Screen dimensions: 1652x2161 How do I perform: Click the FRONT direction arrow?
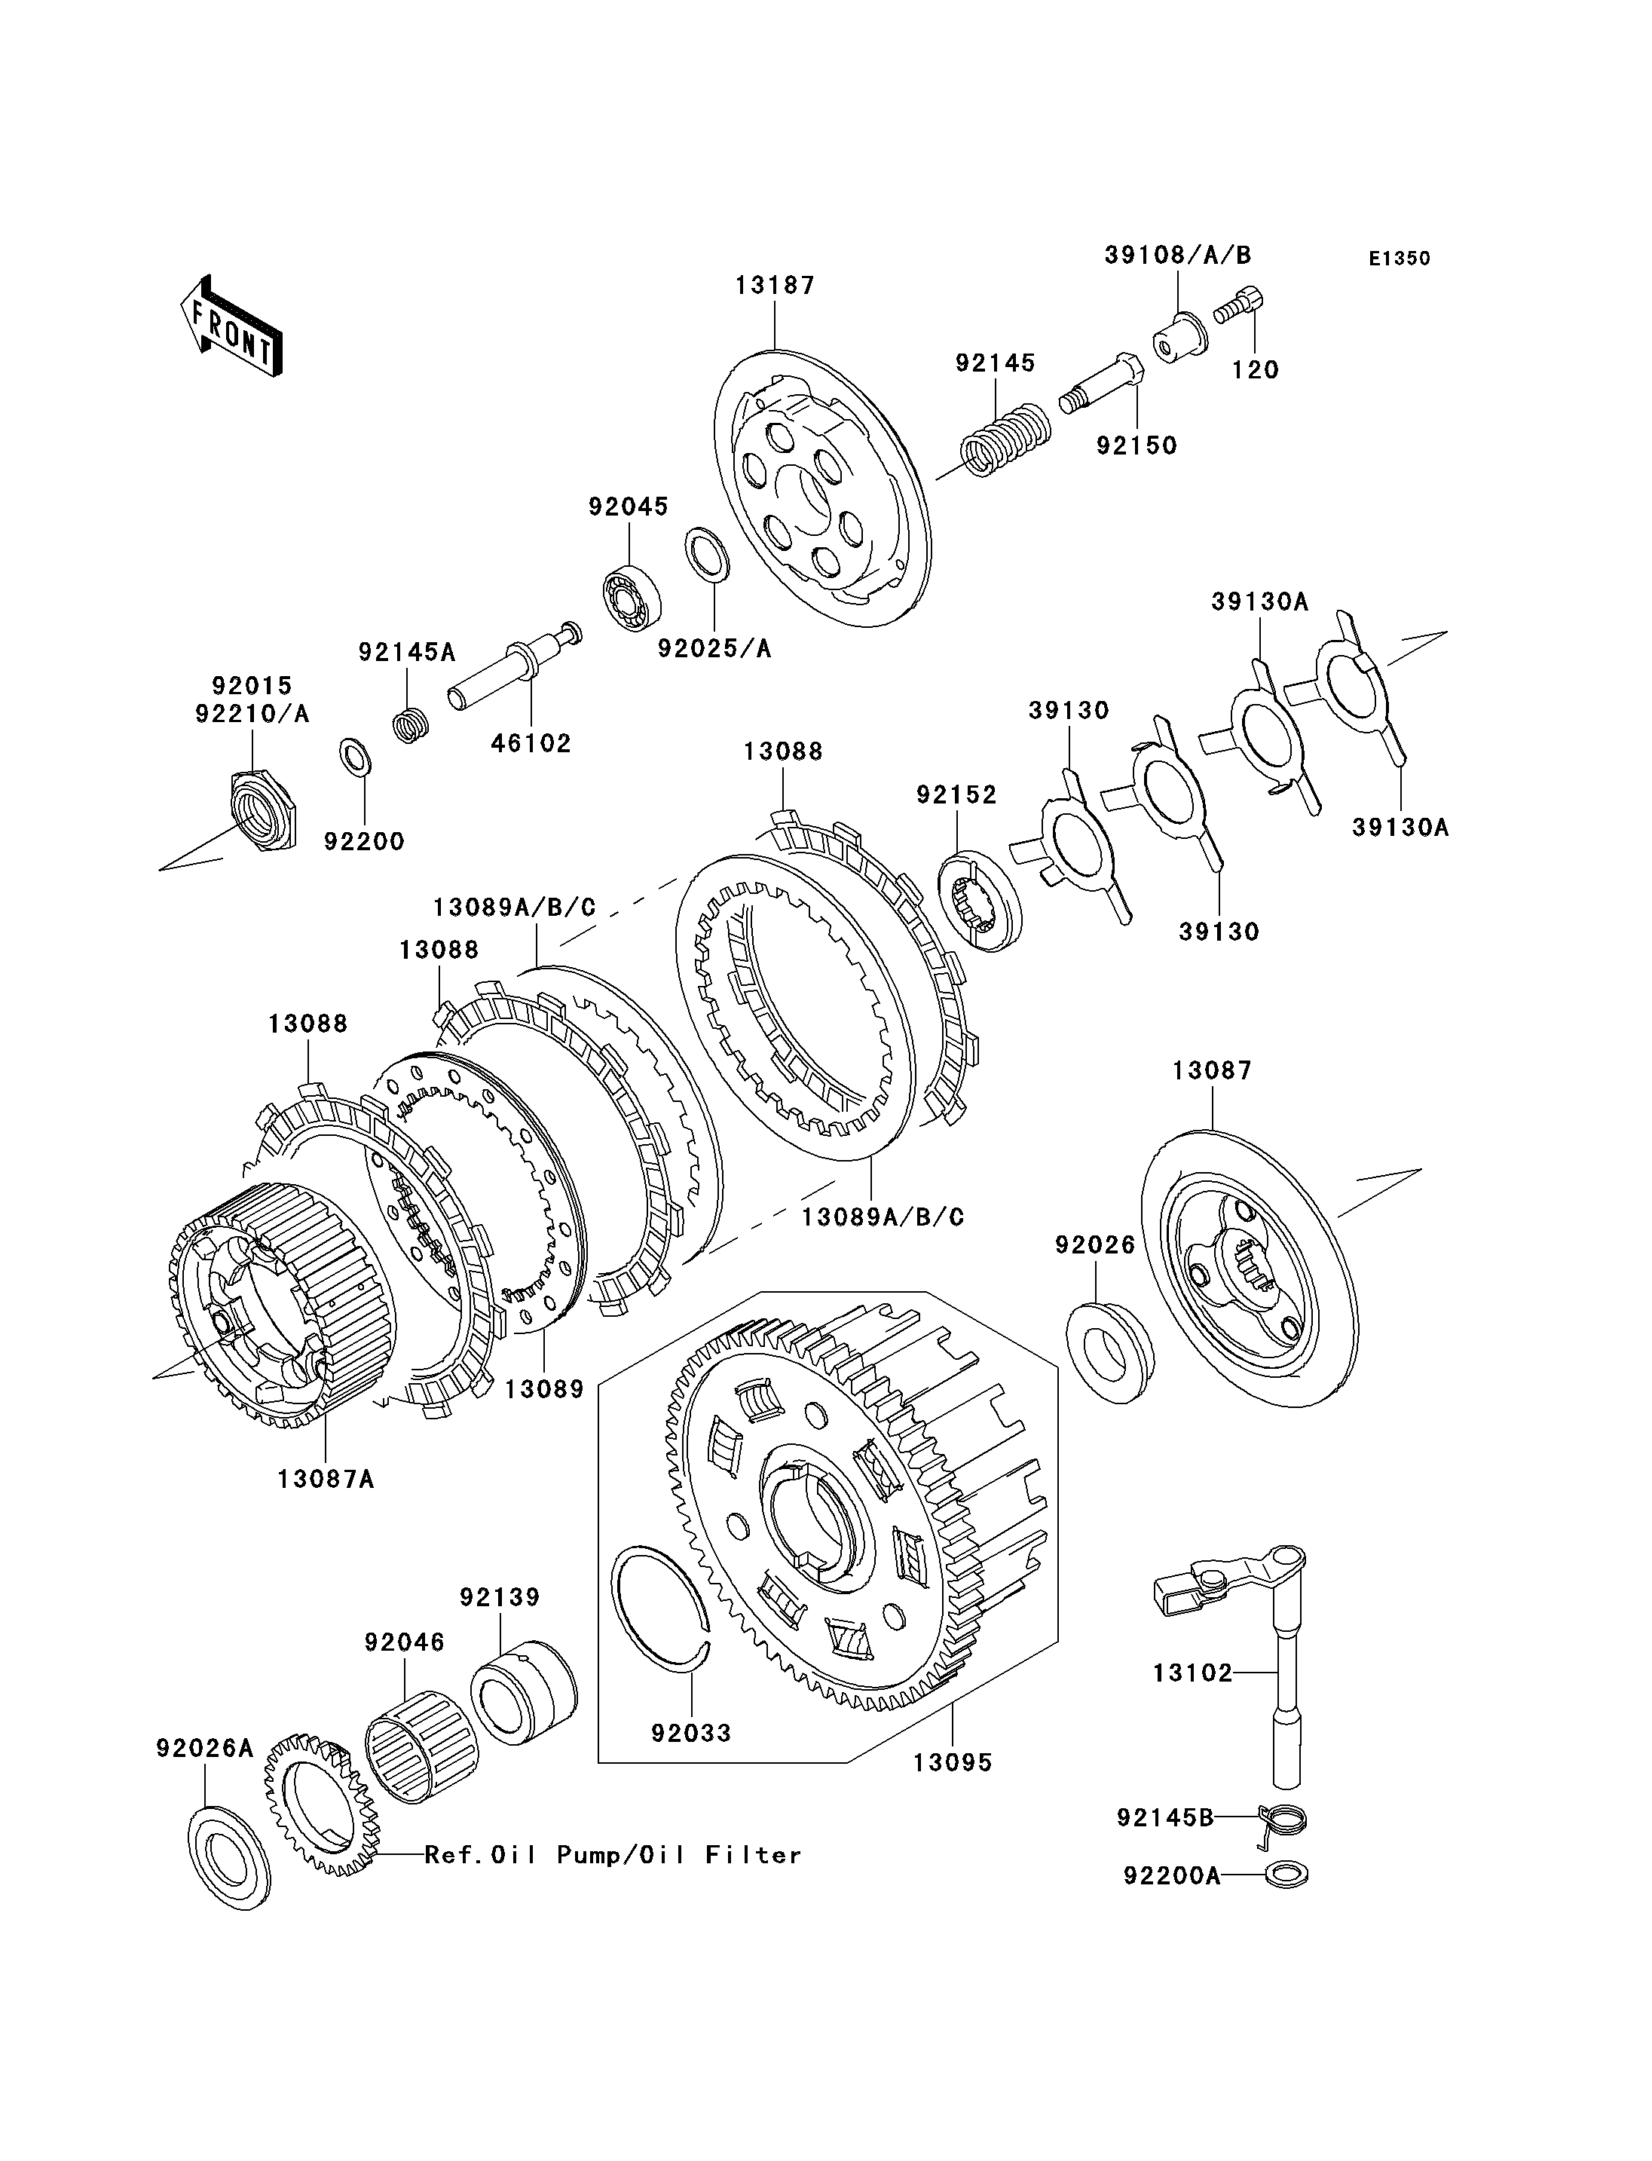pyautogui.click(x=231, y=326)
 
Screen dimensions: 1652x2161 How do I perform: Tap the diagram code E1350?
pyautogui.click(x=1400, y=259)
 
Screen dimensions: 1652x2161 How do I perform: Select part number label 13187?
pyautogui.click(x=775, y=285)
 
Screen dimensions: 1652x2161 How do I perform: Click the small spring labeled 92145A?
pyautogui.click(x=411, y=726)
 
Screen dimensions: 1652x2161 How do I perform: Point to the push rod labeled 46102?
pyautogui.click(x=514, y=665)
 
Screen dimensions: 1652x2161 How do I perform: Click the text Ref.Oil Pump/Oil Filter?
pyautogui.click(x=613, y=1855)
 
